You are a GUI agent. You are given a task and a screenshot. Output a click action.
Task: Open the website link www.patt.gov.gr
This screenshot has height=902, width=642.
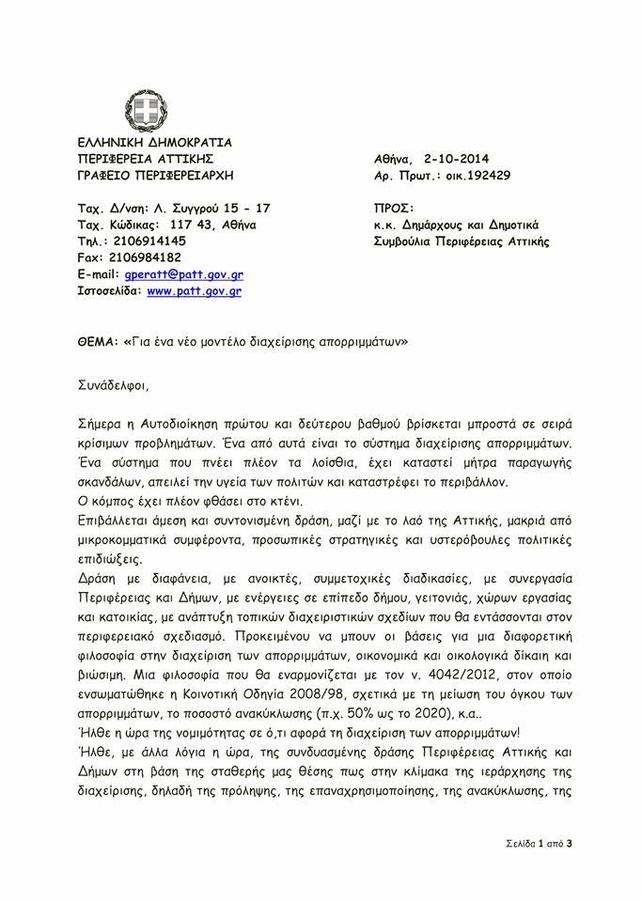195,291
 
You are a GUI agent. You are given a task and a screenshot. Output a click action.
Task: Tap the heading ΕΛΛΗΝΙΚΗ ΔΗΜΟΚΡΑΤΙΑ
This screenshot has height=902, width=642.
155,142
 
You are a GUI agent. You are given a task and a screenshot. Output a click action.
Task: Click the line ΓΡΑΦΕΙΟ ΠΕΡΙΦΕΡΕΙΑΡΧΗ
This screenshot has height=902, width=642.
155,176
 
